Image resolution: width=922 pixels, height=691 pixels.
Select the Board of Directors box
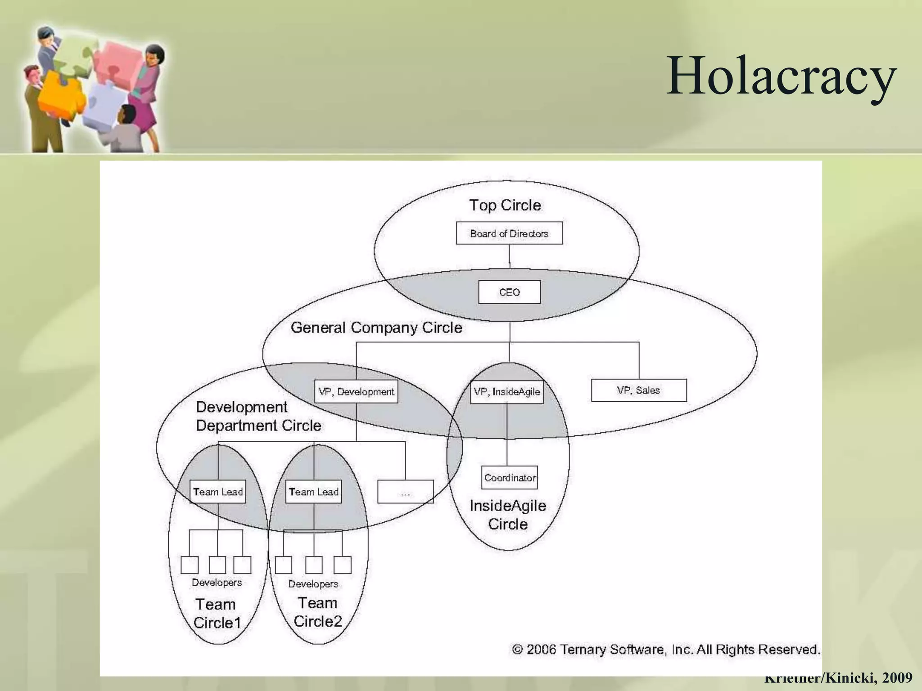(x=509, y=233)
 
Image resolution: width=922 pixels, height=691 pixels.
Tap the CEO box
(x=509, y=292)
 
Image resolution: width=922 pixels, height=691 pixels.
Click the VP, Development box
(x=356, y=392)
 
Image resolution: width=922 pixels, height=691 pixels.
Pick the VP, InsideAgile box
(x=506, y=392)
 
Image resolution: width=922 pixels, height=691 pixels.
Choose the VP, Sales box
(x=638, y=390)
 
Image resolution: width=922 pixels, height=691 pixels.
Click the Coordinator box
(x=510, y=478)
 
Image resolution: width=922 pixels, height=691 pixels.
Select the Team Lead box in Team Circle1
(x=218, y=492)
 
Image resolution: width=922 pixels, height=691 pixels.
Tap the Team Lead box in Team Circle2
(x=314, y=492)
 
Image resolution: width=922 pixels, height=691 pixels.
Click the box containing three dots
(x=405, y=492)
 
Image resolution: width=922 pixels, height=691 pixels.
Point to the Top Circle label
(x=505, y=205)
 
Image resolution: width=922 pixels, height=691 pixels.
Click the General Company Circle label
(x=376, y=328)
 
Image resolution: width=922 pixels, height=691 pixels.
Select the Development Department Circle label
(x=258, y=416)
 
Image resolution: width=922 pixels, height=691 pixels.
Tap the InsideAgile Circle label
(x=508, y=515)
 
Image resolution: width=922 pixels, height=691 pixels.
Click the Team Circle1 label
(x=217, y=614)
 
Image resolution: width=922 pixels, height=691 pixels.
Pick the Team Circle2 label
(x=317, y=612)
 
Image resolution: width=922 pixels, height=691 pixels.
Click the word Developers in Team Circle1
(x=217, y=583)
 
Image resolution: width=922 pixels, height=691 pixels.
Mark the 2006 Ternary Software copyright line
(x=666, y=650)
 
